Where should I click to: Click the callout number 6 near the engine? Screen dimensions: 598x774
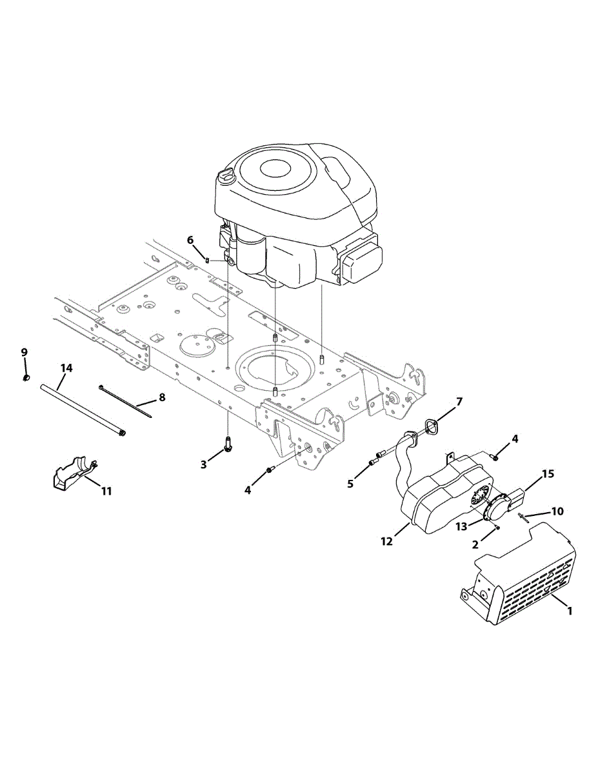(x=190, y=240)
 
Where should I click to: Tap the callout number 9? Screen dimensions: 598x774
(x=24, y=352)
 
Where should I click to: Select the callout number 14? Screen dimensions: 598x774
(x=66, y=368)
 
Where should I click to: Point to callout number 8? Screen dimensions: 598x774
(x=162, y=397)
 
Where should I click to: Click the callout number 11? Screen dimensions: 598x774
(x=106, y=491)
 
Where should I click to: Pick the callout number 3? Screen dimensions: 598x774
(x=203, y=464)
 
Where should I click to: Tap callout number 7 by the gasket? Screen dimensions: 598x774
(x=459, y=402)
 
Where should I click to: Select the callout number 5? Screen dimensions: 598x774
(x=350, y=484)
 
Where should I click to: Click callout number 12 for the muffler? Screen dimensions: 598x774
(x=386, y=541)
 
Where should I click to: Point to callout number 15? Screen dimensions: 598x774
(x=548, y=474)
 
